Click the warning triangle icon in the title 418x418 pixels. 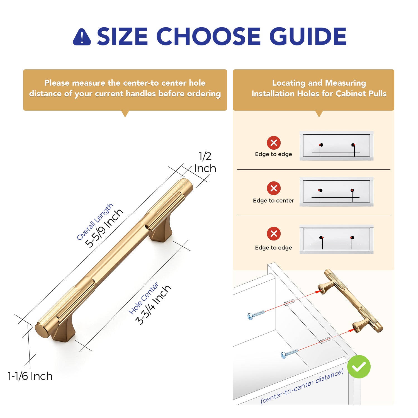(x=82, y=37)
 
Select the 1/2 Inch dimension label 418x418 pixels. (x=205, y=162)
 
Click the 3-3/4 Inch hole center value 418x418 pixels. (x=153, y=305)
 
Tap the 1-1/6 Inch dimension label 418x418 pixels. (x=30, y=376)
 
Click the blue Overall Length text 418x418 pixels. (x=95, y=222)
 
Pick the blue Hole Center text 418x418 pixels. (x=144, y=298)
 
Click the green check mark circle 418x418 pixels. (x=359, y=367)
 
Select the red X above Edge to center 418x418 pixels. (x=274, y=188)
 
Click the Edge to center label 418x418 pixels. (x=273, y=200)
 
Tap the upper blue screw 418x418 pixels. (x=256, y=315)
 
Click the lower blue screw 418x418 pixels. (x=289, y=354)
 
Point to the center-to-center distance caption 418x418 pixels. (x=302, y=386)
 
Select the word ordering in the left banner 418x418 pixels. (x=204, y=94)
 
